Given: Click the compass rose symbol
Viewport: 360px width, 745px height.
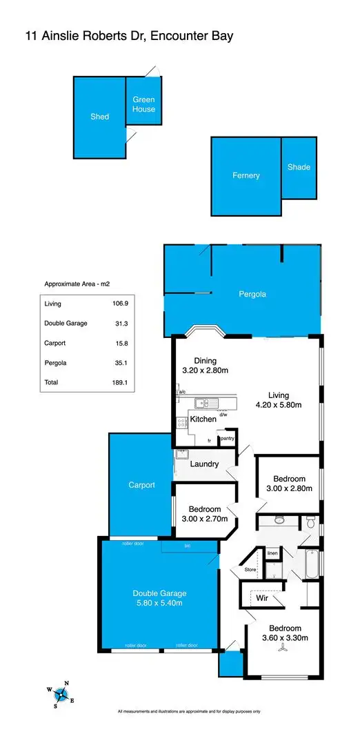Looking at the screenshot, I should coord(61,693).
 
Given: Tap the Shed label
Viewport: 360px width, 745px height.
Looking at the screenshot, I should coord(100,117).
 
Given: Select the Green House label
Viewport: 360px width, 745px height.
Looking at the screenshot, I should coord(143,105).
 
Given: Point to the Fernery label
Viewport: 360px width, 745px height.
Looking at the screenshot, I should coord(246,175).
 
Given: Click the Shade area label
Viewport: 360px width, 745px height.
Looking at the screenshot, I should coord(299,167).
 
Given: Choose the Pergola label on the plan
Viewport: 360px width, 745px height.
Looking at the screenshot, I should coord(252,294).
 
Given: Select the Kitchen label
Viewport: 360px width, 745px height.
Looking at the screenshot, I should coord(203,419).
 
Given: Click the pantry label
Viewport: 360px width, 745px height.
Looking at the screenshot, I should coord(227,438).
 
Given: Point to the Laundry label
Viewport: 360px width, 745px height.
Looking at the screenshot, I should coord(204,464).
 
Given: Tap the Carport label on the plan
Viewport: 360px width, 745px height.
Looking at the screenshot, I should coord(141,485).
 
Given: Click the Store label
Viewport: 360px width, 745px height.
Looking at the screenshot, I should coord(249,570).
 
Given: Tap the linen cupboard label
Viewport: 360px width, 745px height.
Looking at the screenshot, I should coord(272,553).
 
